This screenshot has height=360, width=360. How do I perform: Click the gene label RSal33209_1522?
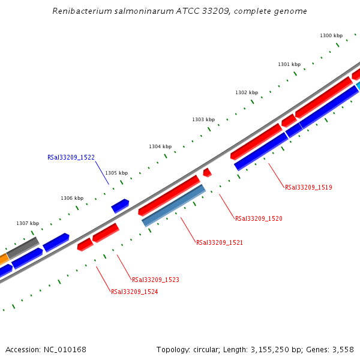(x=71, y=157)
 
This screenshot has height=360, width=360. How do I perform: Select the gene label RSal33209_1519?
(x=308, y=187)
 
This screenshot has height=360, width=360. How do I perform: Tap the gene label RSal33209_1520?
(x=259, y=218)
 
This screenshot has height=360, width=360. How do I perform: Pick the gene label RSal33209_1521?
(x=220, y=242)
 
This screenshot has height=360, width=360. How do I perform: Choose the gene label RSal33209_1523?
(x=155, y=280)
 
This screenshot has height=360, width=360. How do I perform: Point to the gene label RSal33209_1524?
(x=134, y=292)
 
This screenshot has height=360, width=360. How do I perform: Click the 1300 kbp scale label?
(x=331, y=36)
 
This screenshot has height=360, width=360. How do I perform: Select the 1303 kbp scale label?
(x=203, y=119)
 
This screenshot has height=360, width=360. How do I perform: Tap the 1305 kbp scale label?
(x=116, y=173)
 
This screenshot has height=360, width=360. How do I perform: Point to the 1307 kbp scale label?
(x=28, y=223)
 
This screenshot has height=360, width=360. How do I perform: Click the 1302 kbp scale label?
(x=247, y=92)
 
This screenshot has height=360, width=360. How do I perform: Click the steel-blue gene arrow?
(x=174, y=206)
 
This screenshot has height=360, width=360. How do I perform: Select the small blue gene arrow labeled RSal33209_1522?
(x=120, y=206)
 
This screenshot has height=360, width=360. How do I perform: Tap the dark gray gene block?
(x=23, y=247)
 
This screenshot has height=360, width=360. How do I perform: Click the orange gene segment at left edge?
(x=3, y=259)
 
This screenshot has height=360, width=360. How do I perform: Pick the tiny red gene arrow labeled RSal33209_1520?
(x=207, y=173)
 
